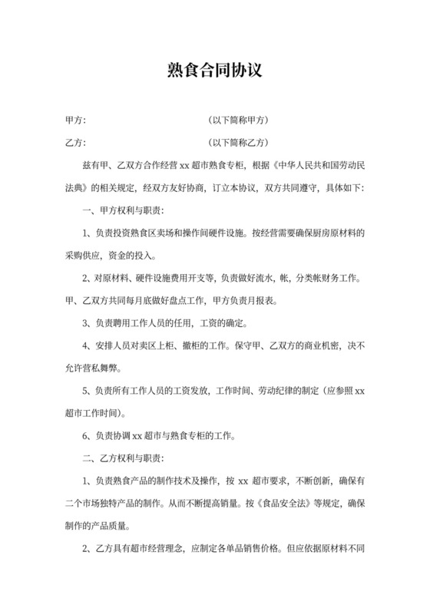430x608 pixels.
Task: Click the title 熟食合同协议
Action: coord(215,71)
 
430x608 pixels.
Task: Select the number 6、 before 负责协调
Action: coord(87,437)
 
